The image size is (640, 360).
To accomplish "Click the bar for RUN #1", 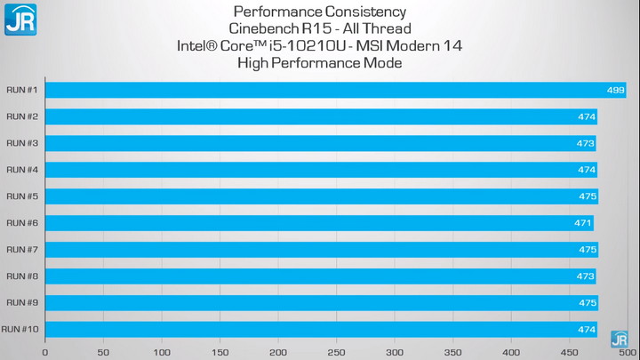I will [x=335, y=90].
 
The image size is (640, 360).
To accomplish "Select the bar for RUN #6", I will [x=319, y=223].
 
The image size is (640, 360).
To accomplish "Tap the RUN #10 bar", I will [x=321, y=330].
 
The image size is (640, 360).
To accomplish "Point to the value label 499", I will [x=615, y=90].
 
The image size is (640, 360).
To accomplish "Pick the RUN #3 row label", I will [x=21, y=143].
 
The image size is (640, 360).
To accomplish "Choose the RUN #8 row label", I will [x=21, y=276].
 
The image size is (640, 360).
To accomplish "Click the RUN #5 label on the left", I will [x=21, y=196].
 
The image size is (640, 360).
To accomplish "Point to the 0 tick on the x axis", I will [x=45, y=352].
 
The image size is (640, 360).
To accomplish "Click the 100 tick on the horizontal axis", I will [x=162, y=352].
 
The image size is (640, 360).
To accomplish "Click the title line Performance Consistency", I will [x=320, y=12].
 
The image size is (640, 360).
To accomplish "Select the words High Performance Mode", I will [x=320, y=63].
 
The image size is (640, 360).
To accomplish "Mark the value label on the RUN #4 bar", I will [x=587, y=170].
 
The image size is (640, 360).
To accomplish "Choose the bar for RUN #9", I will [x=322, y=303].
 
